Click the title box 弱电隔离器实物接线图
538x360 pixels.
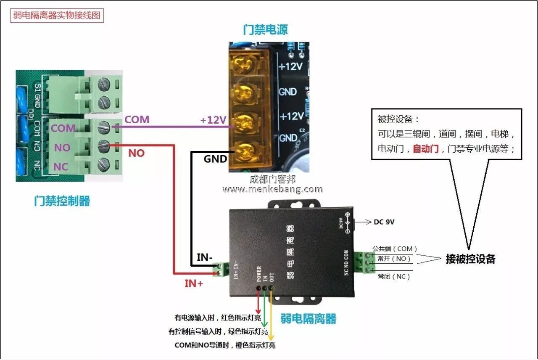[57, 16]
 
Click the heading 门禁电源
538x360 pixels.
[265, 29]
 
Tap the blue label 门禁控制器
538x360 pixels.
[62, 201]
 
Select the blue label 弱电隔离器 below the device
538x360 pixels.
[309, 319]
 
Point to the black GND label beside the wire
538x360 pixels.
[215, 159]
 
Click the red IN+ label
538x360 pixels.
[194, 283]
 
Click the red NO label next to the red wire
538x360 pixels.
[136, 153]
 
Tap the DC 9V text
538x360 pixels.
[384, 222]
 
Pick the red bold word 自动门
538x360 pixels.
[425, 148]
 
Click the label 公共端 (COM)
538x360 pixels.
[395, 249]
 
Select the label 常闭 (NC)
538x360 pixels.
[393, 277]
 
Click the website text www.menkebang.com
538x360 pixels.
[272, 189]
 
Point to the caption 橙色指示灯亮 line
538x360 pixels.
[225, 345]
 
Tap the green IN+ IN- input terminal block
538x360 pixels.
[221, 269]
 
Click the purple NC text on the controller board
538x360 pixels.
[61, 167]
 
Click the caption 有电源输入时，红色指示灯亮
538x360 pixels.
[217, 318]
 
